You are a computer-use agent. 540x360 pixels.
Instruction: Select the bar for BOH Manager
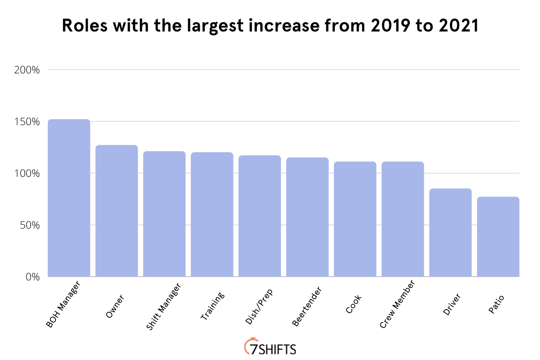click(69, 198)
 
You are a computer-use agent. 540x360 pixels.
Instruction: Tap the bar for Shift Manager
click(164, 214)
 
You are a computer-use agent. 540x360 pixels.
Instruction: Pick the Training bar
click(212, 214)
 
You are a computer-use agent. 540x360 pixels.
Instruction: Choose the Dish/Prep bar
click(260, 216)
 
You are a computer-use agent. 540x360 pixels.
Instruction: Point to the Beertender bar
click(307, 217)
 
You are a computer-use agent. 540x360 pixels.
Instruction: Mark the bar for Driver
click(450, 233)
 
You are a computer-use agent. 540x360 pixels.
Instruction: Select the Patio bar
click(498, 237)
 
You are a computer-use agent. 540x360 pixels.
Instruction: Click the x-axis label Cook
click(354, 303)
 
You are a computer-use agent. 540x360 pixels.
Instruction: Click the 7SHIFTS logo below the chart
click(270, 347)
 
